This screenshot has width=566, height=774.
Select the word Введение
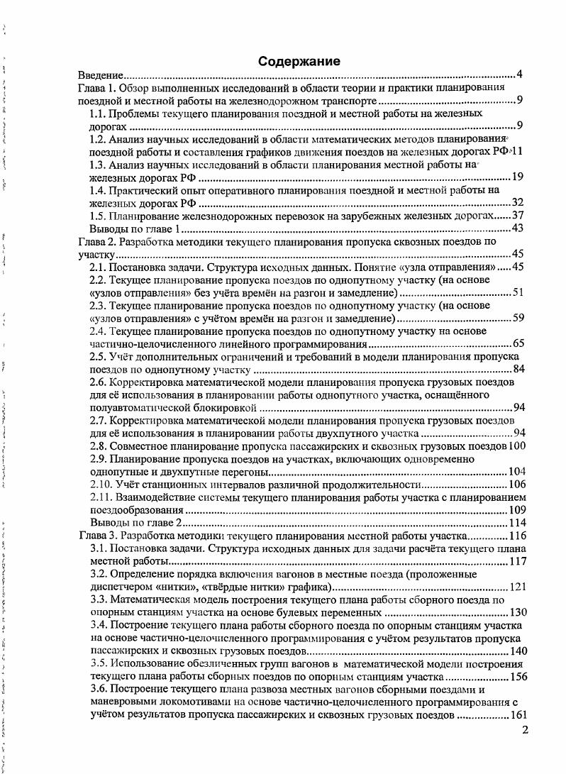(101, 74)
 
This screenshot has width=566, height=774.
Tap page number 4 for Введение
(519, 74)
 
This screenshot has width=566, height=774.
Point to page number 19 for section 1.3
(517, 177)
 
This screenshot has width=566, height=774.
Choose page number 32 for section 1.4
(517, 203)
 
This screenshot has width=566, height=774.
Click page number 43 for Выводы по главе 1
(517, 228)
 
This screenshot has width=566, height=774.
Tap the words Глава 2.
(95, 241)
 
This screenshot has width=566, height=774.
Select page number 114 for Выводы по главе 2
(516, 523)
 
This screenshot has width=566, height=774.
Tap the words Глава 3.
(95, 536)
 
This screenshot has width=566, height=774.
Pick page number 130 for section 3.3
(518, 612)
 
